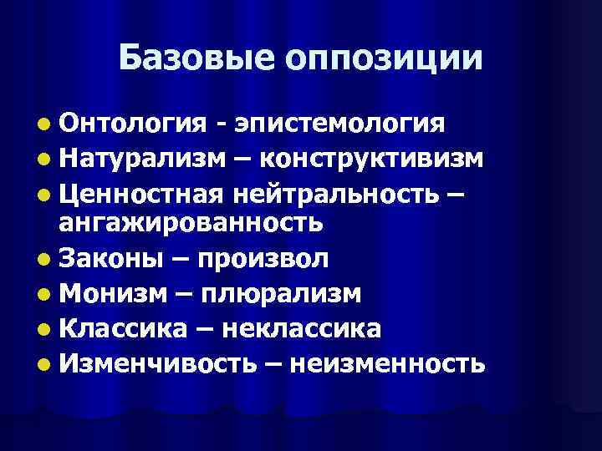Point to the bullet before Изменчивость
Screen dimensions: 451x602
[x=43, y=364]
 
